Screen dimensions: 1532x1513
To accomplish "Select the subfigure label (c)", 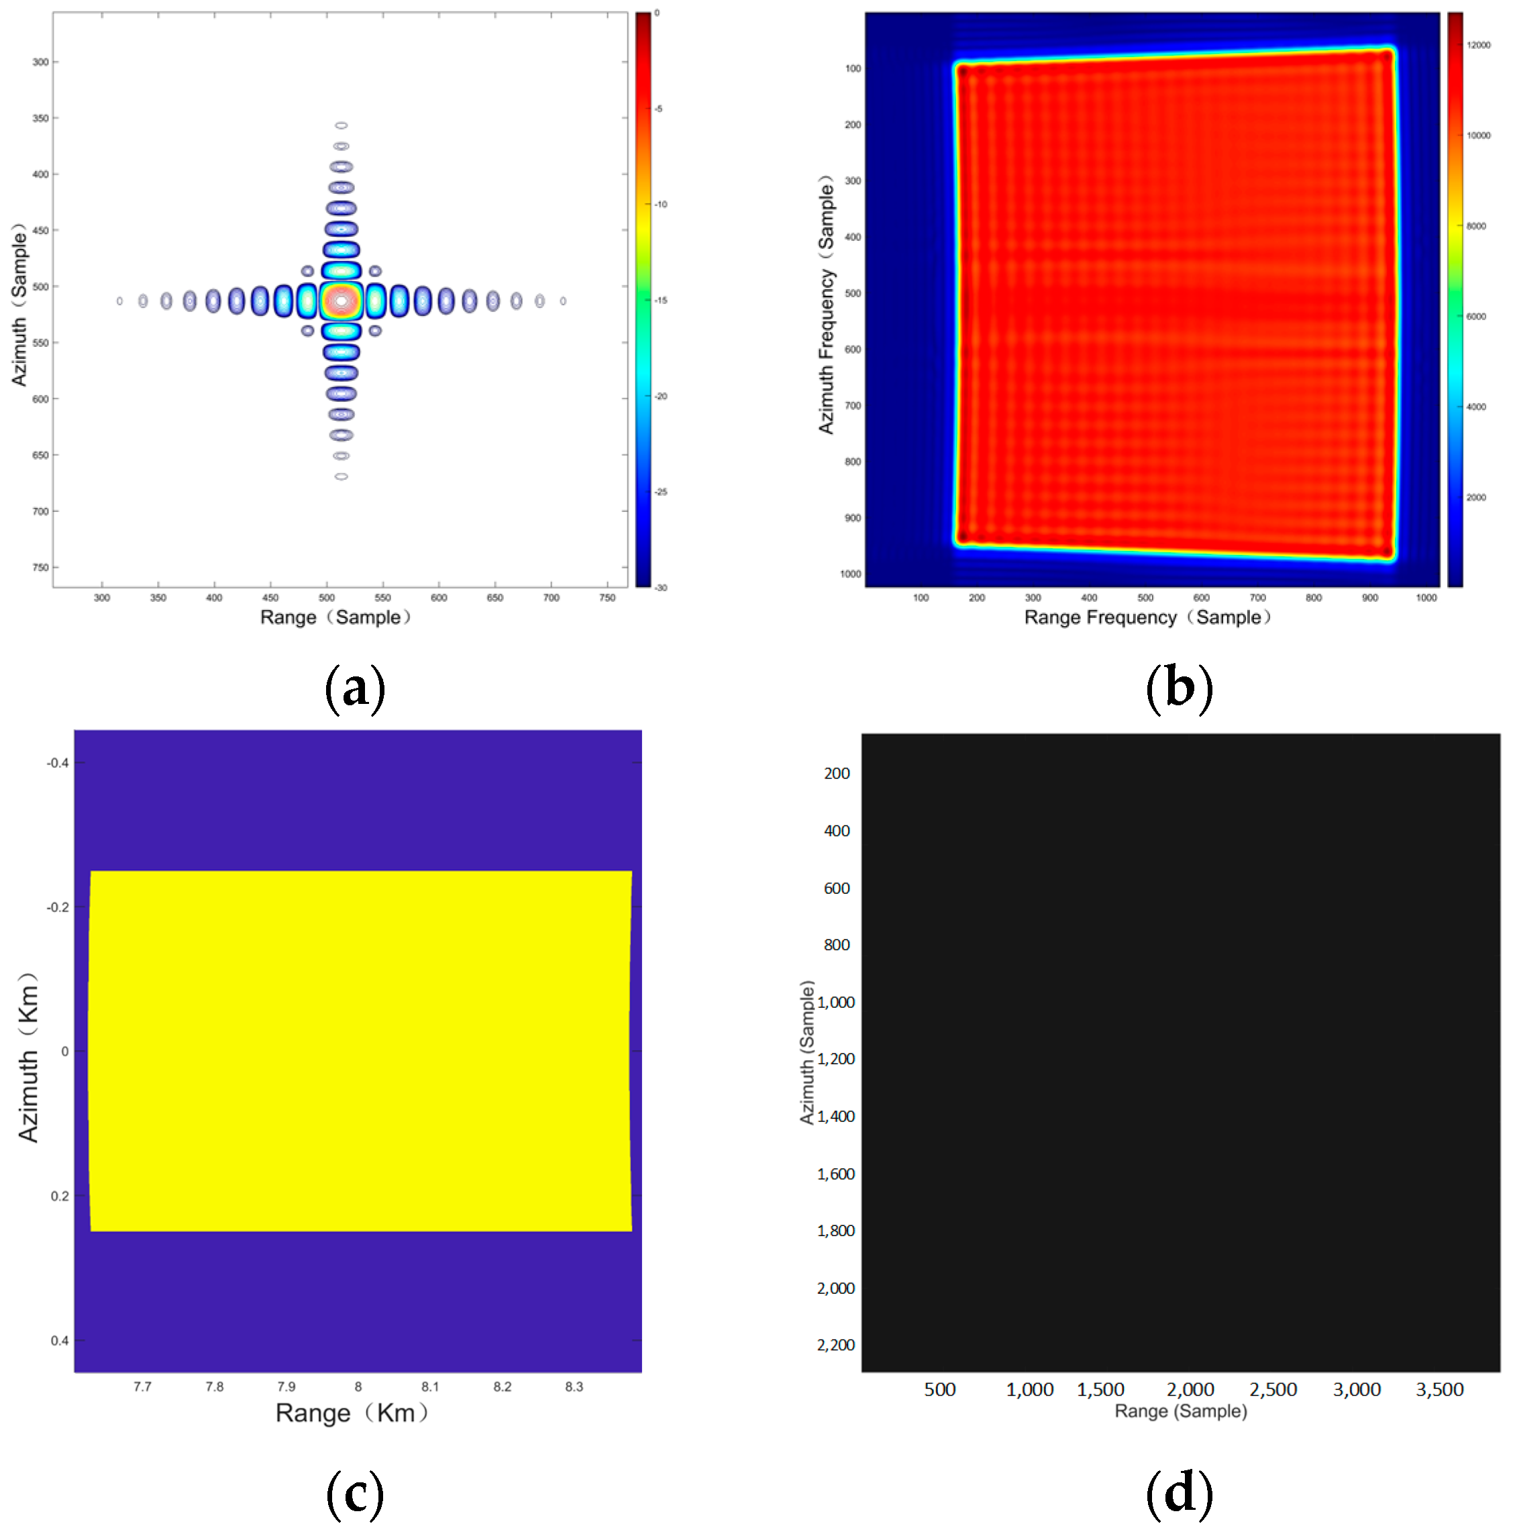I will point(354,1492).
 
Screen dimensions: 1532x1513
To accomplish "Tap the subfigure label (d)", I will point(1179,1492).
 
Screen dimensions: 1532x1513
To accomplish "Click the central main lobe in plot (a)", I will point(341,301).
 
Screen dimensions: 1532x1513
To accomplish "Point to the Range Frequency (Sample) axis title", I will point(1147,617).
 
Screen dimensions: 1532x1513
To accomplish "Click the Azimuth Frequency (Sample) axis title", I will point(825,305).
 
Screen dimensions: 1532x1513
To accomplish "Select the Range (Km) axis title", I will point(352,1413).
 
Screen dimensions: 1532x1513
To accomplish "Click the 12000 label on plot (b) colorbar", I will point(1478,45).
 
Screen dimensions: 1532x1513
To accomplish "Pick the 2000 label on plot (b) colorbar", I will point(1475,497).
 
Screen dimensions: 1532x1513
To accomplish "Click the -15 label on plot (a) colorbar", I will point(660,301).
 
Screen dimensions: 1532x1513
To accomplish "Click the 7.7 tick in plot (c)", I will point(142,1386).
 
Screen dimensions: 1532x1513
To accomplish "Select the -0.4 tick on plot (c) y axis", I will point(57,763).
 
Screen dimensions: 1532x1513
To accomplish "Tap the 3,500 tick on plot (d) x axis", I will point(1439,1389).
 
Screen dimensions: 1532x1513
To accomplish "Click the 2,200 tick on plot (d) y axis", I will point(836,1345).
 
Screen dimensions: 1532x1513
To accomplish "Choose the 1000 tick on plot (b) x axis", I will point(1426,598).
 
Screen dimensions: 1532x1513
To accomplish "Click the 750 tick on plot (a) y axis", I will point(40,567).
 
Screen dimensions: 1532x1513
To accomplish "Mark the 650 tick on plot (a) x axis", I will point(494,598).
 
